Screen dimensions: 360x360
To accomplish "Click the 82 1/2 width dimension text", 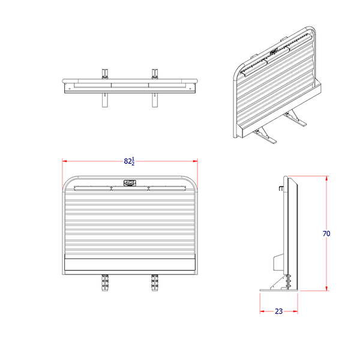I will (x=129, y=161).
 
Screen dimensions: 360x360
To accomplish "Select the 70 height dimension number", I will (x=326, y=233).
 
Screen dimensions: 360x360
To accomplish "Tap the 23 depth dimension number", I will (x=279, y=311).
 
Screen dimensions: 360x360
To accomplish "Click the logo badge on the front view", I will (x=130, y=182).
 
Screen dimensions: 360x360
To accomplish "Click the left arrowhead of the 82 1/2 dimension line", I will (x=65, y=161).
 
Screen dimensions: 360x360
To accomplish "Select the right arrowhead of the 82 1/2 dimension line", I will (x=196, y=161).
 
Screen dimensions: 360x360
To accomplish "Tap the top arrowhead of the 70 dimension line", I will (x=326, y=178).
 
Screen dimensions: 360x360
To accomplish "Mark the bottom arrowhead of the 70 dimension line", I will (x=326, y=289).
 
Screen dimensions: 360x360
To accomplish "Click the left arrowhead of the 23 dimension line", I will (x=262, y=311).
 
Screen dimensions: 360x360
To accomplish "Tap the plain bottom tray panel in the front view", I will (x=130, y=264).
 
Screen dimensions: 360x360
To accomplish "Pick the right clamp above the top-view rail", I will (x=155, y=74).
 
